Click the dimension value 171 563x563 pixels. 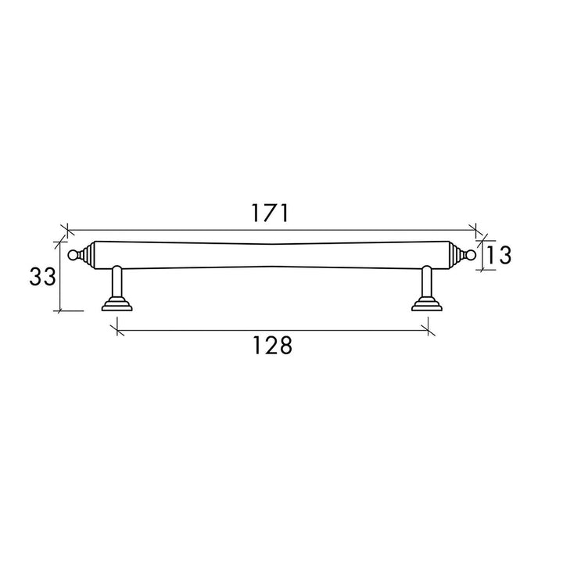pos(270,213)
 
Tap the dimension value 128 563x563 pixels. pos(273,346)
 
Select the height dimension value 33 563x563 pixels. pos(42,277)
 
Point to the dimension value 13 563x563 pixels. pos(499,255)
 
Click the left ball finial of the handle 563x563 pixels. pos(73,255)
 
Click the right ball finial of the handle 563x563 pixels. pos(471,255)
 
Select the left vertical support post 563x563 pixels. pos(117,281)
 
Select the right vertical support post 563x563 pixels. pos(427,281)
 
